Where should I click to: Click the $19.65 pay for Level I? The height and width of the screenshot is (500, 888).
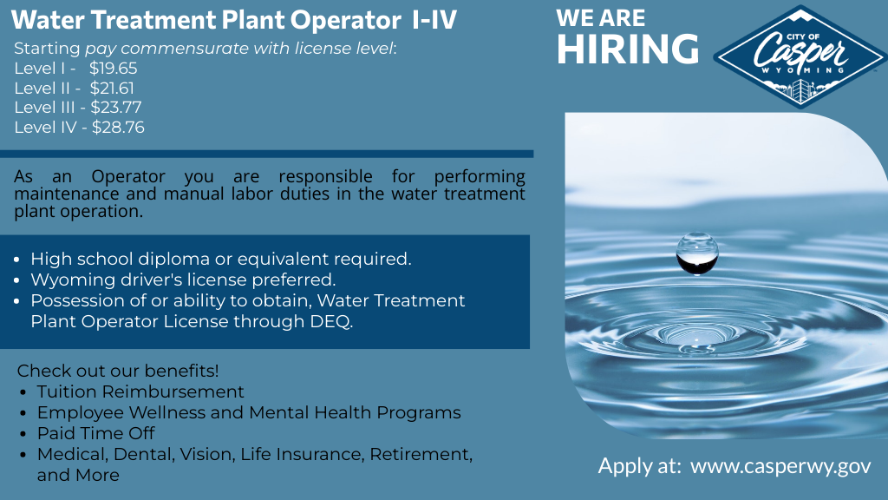point(114,68)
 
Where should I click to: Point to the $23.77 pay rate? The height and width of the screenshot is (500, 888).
point(116,108)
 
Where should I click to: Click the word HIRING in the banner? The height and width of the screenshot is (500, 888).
point(627,49)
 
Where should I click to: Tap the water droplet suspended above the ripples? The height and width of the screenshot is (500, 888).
point(696,253)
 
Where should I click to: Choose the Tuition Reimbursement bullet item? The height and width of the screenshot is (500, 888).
point(140,391)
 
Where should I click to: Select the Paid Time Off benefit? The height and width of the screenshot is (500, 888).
point(95,433)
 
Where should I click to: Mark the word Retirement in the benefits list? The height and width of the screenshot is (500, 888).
point(422,454)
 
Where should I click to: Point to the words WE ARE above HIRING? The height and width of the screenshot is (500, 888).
point(600,19)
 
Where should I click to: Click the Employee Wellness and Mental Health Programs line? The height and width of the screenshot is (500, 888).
point(248,412)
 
